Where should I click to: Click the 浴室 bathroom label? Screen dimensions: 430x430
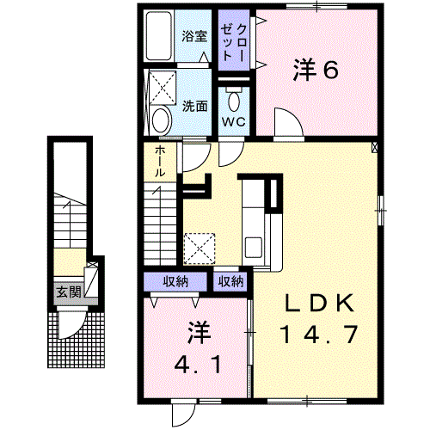[194, 36]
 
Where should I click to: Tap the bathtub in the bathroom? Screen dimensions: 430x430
[159, 36]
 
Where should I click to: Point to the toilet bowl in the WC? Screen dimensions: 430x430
[234, 101]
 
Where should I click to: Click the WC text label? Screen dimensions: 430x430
[234, 122]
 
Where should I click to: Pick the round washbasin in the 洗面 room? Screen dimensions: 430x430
[162, 120]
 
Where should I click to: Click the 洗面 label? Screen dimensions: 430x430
[195, 107]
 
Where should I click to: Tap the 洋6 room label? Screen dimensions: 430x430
[316, 70]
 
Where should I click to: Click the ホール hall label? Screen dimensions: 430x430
[160, 162]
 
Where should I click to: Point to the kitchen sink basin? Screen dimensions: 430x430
[253, 248]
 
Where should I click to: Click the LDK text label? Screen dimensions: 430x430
[319, 304]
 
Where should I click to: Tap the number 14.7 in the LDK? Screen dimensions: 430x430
[319, 335]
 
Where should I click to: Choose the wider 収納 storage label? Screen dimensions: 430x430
[175, 281]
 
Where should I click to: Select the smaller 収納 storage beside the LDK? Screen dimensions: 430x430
[230, 281]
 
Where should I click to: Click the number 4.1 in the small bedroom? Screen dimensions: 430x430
[198, 365]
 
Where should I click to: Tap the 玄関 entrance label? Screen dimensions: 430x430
[69, 292]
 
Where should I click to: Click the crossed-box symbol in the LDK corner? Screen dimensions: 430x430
[375, 147]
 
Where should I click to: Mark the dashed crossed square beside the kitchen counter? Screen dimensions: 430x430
[200, 249]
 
